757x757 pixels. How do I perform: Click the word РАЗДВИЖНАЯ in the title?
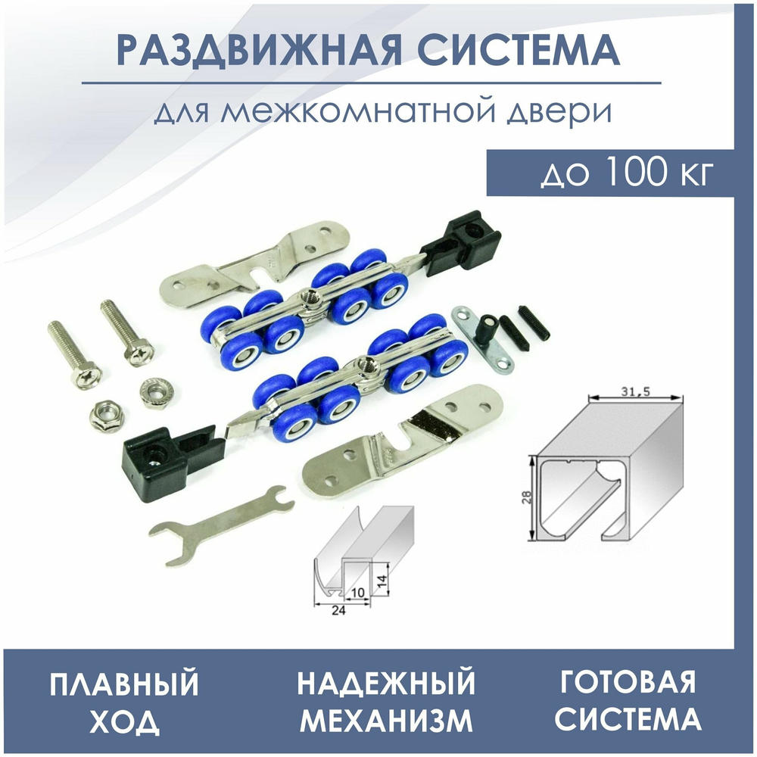[259, 49]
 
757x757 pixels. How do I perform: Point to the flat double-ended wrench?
[221, 525]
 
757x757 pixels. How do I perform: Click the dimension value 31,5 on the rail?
[635, 391]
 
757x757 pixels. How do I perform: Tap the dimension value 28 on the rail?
[527, 497]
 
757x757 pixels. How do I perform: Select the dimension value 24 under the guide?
[339, 611]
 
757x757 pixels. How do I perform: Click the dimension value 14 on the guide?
[382, 579]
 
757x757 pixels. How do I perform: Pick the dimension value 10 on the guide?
[357, 593]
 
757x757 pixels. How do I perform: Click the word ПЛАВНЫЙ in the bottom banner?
[124, 683]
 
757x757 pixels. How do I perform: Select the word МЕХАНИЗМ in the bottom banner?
[386, 720]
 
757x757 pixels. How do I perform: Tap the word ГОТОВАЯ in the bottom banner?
[628, 681]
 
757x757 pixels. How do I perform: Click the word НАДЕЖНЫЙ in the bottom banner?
[386, 683]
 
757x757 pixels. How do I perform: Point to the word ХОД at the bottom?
[125, 721]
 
